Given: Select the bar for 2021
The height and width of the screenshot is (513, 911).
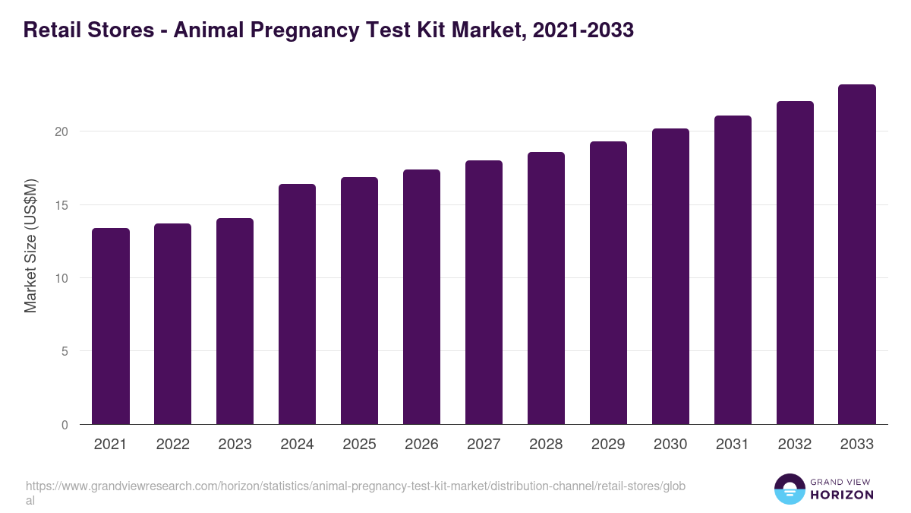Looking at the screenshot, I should coord(111,327).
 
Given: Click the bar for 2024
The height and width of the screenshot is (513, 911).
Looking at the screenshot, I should coord(297,304).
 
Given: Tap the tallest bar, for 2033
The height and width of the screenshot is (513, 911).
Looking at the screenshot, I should coord(857,255).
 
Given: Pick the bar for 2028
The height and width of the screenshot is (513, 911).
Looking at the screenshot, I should coord(546,289).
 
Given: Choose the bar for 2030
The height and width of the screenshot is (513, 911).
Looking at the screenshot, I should coord(670,277).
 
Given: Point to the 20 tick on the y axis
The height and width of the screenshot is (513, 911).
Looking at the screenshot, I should coord(61,131).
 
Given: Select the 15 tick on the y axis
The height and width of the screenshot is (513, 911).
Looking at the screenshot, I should coord(61,205).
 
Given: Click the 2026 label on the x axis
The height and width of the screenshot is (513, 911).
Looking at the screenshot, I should coord(421,445).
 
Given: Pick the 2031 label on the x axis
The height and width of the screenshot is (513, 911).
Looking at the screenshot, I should coord(733,445).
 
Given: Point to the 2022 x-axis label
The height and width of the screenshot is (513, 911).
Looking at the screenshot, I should coord(172,445).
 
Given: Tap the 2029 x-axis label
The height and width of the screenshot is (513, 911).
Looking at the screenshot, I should coord(608,445).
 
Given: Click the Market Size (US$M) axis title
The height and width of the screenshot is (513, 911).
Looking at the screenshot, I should coord(31,246).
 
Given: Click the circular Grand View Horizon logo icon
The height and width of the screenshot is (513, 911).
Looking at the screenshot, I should coord(790,489).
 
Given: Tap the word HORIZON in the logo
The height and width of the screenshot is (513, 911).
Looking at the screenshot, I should coord(843,495).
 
